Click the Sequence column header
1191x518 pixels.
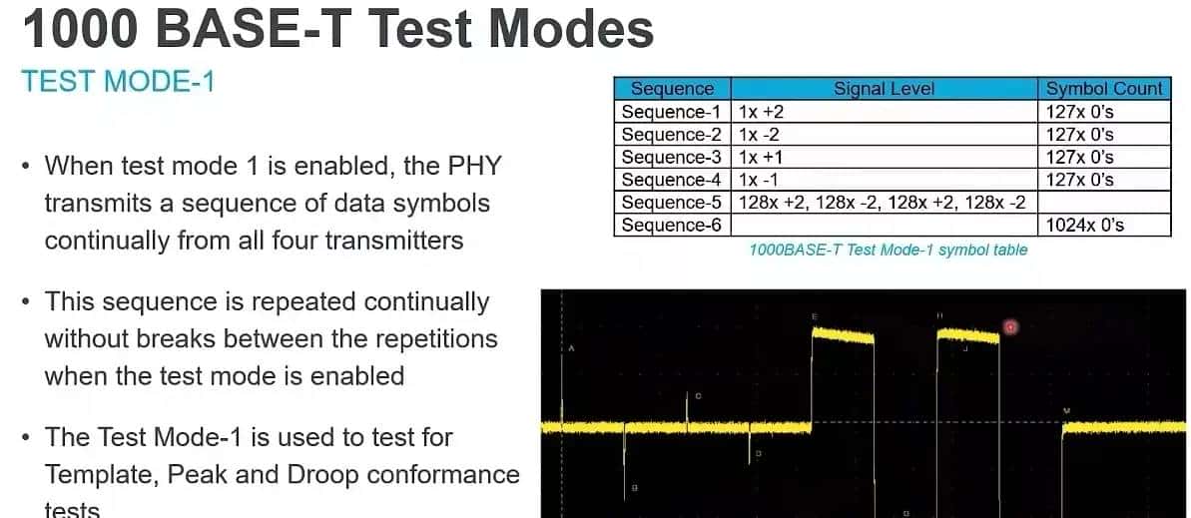coord(673,89)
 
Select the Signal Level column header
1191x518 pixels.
coord(884,89)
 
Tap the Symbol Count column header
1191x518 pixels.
coord(1104,89)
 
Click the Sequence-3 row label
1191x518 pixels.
coord(672,158)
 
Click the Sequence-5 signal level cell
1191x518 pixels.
coord(882,203)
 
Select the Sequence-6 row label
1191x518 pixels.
coord(672,226)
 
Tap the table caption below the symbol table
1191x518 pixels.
coord(888,251)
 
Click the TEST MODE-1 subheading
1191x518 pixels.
coord(118,81)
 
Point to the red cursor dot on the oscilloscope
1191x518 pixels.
coord(1010,326)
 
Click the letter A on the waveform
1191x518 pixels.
coord(572,348)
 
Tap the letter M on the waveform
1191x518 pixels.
coord(1066,410)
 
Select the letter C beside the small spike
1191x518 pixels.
coord(698,396)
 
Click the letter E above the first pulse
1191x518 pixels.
coord(815,316)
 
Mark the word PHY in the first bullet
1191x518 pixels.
coord(467,166)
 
